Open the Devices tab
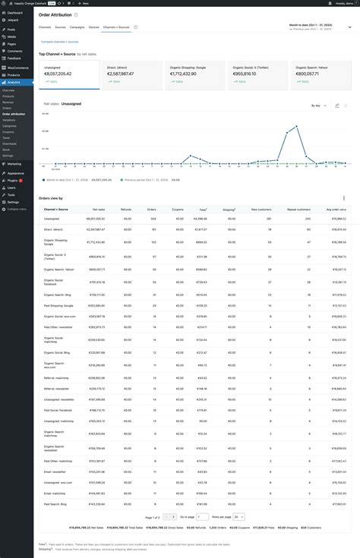pyautogui.click(x=94, y=27)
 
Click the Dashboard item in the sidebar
pyautogui.click(x=14, y=13)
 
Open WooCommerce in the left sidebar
pyautogui.click(x=15, y=68)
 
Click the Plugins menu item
pyautogui.click(x=13, y=180)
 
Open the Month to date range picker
pyautogui.click(x=314, y=27)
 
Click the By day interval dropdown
pyautogui.click(x=317, y=106)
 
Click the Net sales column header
pyautogui.click(x=99, y=209)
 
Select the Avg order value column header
pyautogui.click(x=336, y=209)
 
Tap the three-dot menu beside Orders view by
pyautogui.click(x=344, y=198)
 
